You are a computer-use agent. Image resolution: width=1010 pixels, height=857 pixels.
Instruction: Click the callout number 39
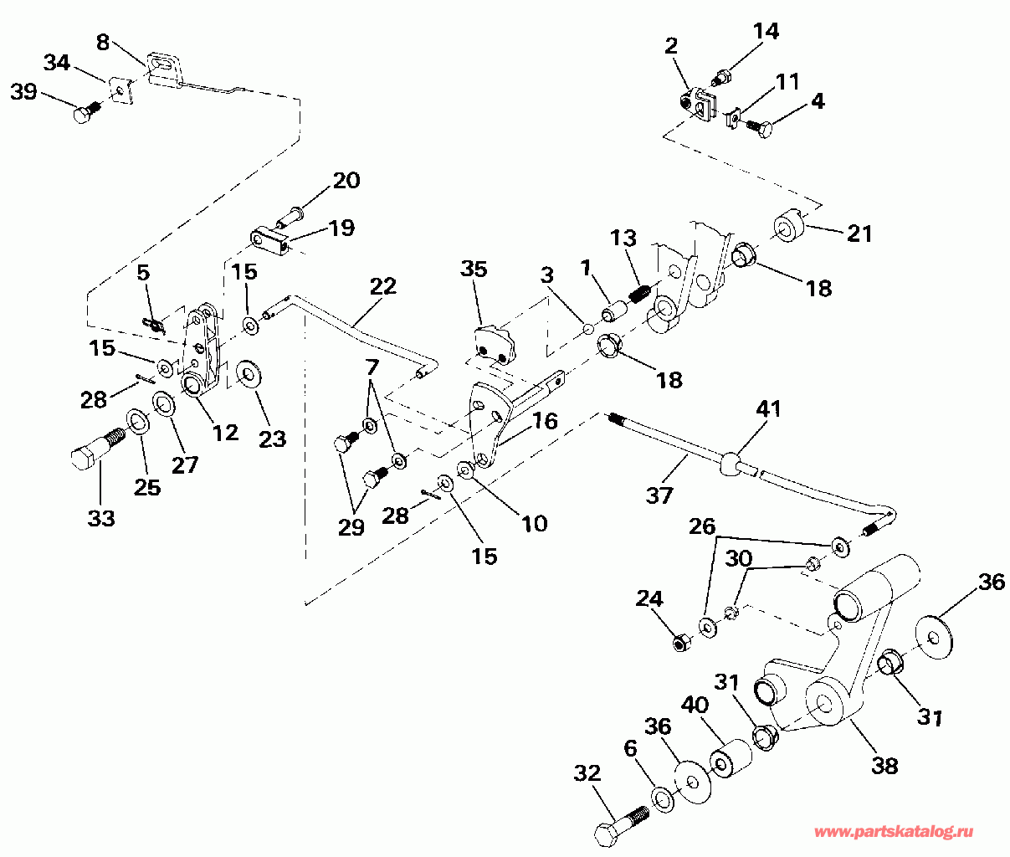23,91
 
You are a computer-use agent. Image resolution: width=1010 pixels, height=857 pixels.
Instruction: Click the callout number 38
884,764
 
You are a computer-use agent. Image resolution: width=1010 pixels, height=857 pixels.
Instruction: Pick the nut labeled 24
680,644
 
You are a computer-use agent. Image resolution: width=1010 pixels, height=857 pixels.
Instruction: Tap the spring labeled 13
640,295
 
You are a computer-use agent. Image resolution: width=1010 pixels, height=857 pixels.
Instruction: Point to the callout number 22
382,285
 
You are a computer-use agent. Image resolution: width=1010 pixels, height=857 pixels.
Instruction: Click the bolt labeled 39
85,112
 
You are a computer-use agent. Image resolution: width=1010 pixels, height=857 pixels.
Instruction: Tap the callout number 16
545,421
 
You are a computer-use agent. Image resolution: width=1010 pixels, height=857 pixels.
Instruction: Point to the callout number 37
659,495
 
